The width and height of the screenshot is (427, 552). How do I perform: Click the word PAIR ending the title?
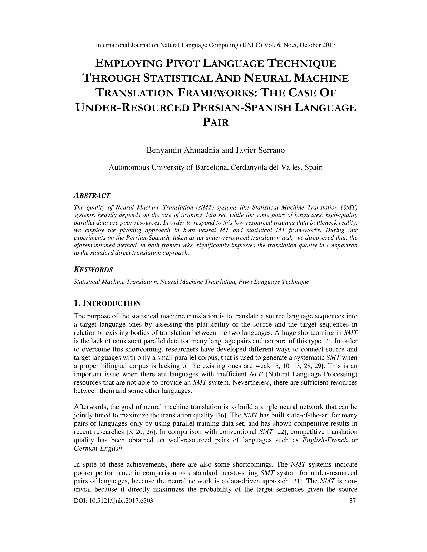[x=216, y=123]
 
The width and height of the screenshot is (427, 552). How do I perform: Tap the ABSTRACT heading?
[x=92, y=195]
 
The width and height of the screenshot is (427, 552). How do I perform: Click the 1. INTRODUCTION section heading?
[x=107, y=303]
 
